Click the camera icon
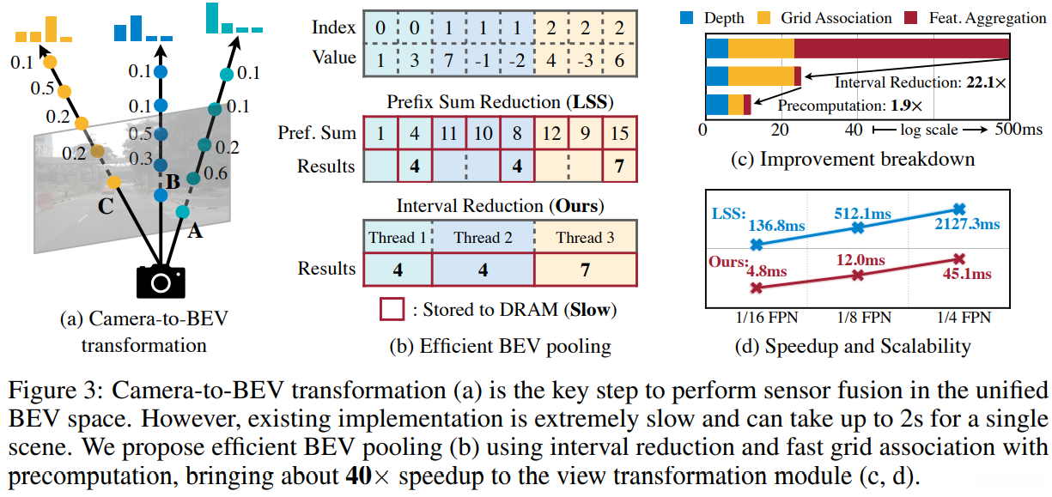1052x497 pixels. tap(161, 281)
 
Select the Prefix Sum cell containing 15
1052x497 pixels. tap(619, 133)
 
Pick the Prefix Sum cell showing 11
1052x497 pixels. tap(449, 133)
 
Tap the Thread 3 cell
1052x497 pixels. tap(585, 238)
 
